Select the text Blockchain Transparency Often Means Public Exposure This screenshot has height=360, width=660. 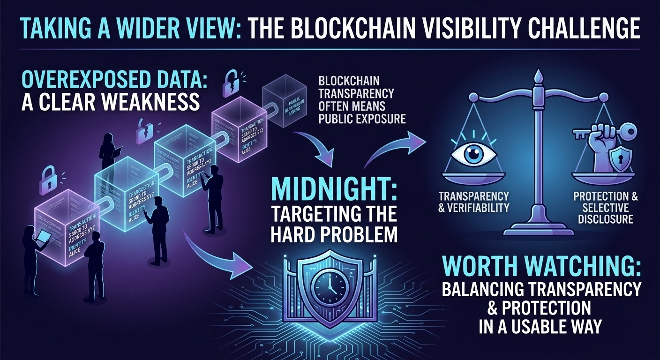click(x=361, y=99)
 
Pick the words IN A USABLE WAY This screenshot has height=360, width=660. click(x=540, y=326)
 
